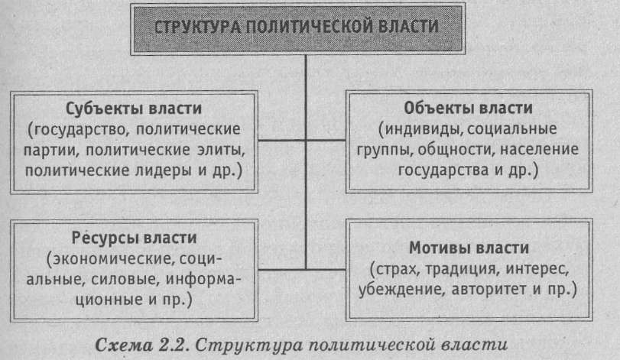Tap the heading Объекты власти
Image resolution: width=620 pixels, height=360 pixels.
click(469, 106)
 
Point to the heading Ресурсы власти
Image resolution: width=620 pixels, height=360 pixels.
click(136, 238)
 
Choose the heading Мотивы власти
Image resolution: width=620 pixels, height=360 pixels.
click(469, 249)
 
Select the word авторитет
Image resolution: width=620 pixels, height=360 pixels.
click(495, 290)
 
